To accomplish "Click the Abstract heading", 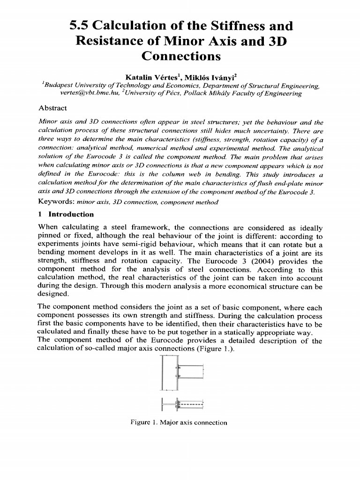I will [x=52, y=107].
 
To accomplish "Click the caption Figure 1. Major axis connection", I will [x=180, y=422].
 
